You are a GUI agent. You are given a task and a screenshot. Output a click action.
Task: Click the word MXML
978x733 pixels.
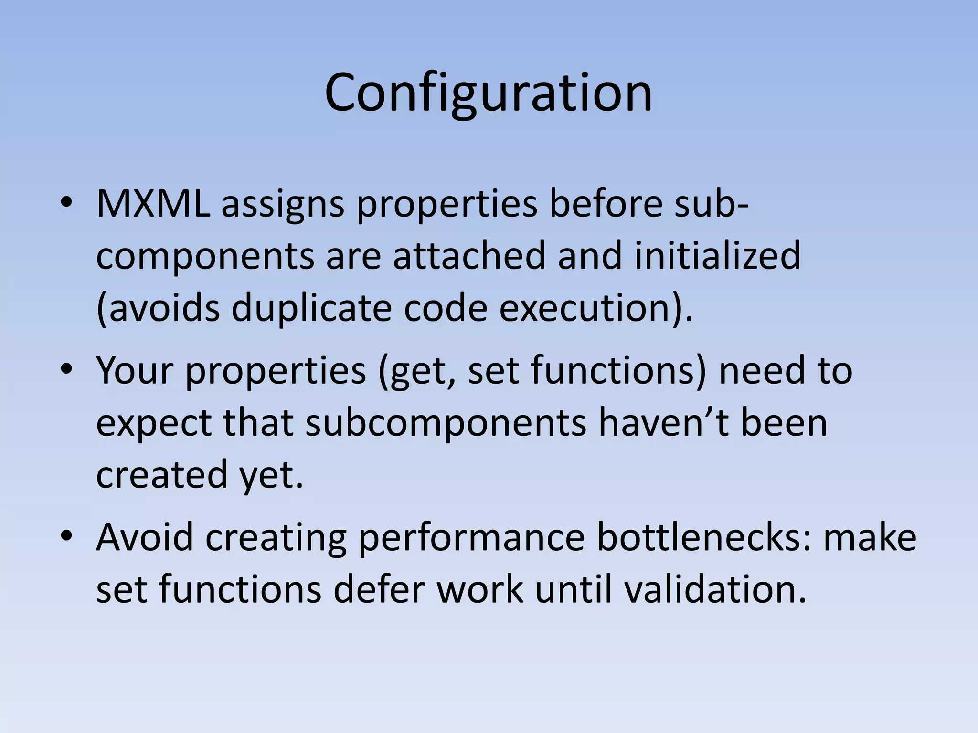pos(153,204)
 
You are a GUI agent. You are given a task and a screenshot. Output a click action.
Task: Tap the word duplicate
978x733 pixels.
pos(312,308)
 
